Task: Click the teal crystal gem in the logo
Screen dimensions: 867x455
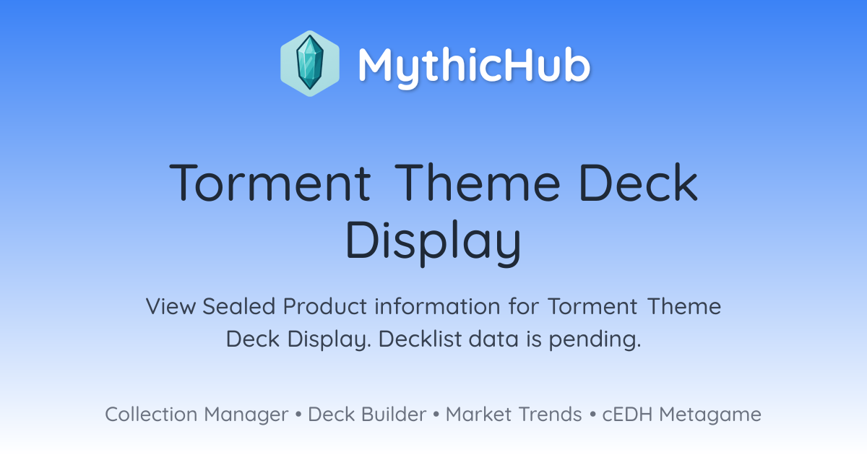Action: coord(310,63)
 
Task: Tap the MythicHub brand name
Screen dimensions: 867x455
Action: coord(474,66)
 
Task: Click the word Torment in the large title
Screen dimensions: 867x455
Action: coord(270,183)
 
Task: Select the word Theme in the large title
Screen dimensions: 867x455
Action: coord(478,182)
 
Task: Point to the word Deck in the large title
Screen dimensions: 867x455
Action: coord(639,182)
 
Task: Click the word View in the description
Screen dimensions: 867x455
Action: coord(171,306)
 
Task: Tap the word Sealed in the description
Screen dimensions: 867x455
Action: coord(239,306)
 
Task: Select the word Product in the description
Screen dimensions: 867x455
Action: coord(325,306)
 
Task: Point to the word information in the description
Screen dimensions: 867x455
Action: coord(437,306)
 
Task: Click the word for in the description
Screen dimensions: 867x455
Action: coord(524,306)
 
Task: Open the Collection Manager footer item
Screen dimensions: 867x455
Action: coord(197,415)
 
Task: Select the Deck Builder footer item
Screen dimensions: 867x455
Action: coord(367,414)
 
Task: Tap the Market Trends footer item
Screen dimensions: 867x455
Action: coord(514,414)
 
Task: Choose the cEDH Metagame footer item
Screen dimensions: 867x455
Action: coord(681,415)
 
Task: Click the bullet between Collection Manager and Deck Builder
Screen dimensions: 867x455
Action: coord(298,415)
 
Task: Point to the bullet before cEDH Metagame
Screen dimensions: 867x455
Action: coord(592,415)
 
